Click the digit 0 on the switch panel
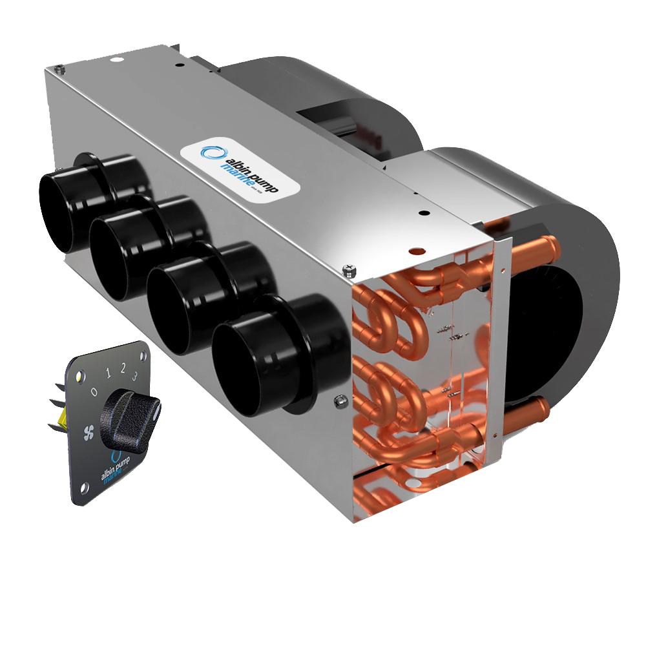[94, 391]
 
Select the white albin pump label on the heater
[240, 169]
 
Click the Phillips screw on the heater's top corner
[350, 267]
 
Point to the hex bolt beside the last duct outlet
[339, 401]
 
